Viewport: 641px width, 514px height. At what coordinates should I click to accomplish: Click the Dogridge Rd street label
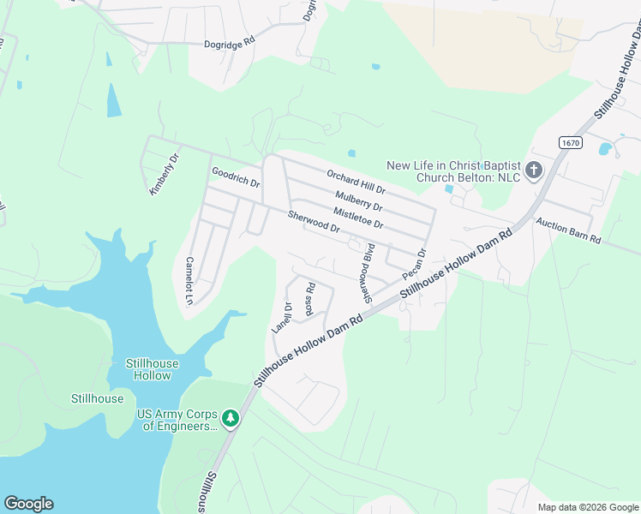(x=231, y=42)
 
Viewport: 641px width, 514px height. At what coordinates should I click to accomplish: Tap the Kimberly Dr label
(x=163, y=175)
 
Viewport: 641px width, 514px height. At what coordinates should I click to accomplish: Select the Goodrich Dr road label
(x=236, y=177)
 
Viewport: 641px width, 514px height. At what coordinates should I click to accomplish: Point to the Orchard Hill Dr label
(x=356, y=180)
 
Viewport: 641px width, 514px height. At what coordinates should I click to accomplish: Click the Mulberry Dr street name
(x=358, y=201)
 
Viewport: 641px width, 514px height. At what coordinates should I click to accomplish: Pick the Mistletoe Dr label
(x=357, y=218)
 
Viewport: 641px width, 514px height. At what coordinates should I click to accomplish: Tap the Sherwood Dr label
(x=315, y=223)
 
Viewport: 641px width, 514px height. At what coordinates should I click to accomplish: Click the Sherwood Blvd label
(x=368, y=273)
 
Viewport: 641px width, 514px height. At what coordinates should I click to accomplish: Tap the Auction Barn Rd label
(x=568, y=230)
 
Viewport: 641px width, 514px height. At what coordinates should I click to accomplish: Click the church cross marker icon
(x=533, y=170)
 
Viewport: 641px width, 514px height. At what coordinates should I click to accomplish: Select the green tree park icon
(x=230, y=419)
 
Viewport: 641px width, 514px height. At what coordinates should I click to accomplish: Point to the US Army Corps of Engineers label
(x=177, y=420)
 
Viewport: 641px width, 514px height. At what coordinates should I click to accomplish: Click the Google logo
(x=28, y=504)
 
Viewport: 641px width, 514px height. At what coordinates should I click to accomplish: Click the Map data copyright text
(x=587, y=507)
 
